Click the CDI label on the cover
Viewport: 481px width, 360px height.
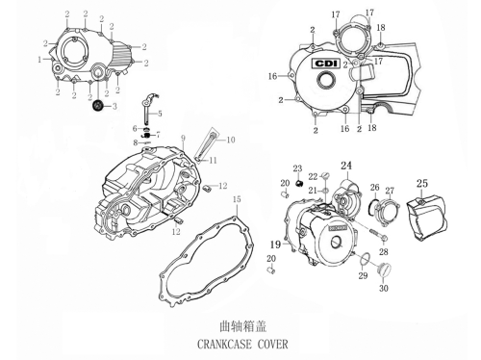tap(326, 64)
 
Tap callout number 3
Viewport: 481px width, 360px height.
tap(114, 106)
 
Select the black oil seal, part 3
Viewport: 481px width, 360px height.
tap(97, 106)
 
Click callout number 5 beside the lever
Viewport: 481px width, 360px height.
tap(160, 114)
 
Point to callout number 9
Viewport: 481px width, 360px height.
tap(183, 139)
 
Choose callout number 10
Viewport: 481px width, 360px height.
tap(231, 140)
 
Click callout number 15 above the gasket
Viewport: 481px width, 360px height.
tap(237, 199)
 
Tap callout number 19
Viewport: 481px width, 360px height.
tap(275, 244)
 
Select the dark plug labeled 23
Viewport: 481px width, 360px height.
tap(299, 184)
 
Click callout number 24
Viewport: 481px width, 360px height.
tap(346, 166)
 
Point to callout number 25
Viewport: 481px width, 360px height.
tap(422, 183)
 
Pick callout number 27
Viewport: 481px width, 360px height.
tap(390, 191)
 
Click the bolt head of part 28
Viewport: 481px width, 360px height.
tap(385, 238)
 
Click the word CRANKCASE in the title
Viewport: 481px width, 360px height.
tap(224, 345)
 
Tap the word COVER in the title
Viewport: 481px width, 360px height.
tap(273, 345)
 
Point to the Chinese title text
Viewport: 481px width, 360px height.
tap(242, 326)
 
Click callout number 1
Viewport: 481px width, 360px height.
tap(39, 60)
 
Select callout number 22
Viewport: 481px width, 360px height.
tap(313, 176)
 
